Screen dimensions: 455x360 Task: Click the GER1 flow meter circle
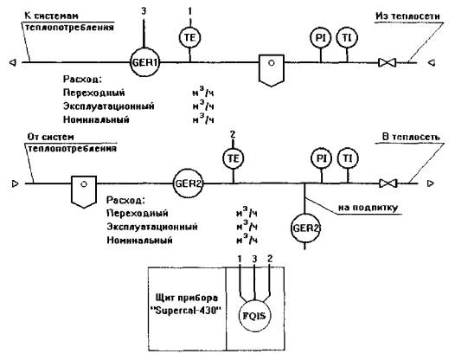pos(144,62)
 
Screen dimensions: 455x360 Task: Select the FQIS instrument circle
pos(253,316)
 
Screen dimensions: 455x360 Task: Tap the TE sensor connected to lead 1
pos(190,38)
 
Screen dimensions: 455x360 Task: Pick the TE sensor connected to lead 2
pos(234,158)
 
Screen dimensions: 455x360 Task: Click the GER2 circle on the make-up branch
pos(305,228)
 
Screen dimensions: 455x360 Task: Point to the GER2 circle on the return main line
pos(188,183)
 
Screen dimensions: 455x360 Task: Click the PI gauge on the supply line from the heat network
pos(320,38)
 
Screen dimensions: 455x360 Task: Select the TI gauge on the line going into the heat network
pos(348,158)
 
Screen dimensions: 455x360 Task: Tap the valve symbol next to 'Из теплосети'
pos(388,62)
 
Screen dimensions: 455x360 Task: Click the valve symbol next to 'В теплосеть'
pos(388,183)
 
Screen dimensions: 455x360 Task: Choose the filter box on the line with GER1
pos(272,70)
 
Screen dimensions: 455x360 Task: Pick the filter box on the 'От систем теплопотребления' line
pos(84,191)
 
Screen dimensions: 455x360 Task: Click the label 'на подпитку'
pos(368,209)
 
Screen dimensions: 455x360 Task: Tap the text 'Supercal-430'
pos(185,311)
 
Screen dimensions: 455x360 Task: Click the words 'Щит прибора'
pos(186,298)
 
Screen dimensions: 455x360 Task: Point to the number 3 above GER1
pos(144,11)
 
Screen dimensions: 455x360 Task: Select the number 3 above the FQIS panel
pos(254,259)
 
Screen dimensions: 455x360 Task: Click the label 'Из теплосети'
pos(407,16)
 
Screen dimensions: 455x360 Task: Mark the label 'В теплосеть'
pos(411,137)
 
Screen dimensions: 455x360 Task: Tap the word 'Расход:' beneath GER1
pos(82,80)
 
